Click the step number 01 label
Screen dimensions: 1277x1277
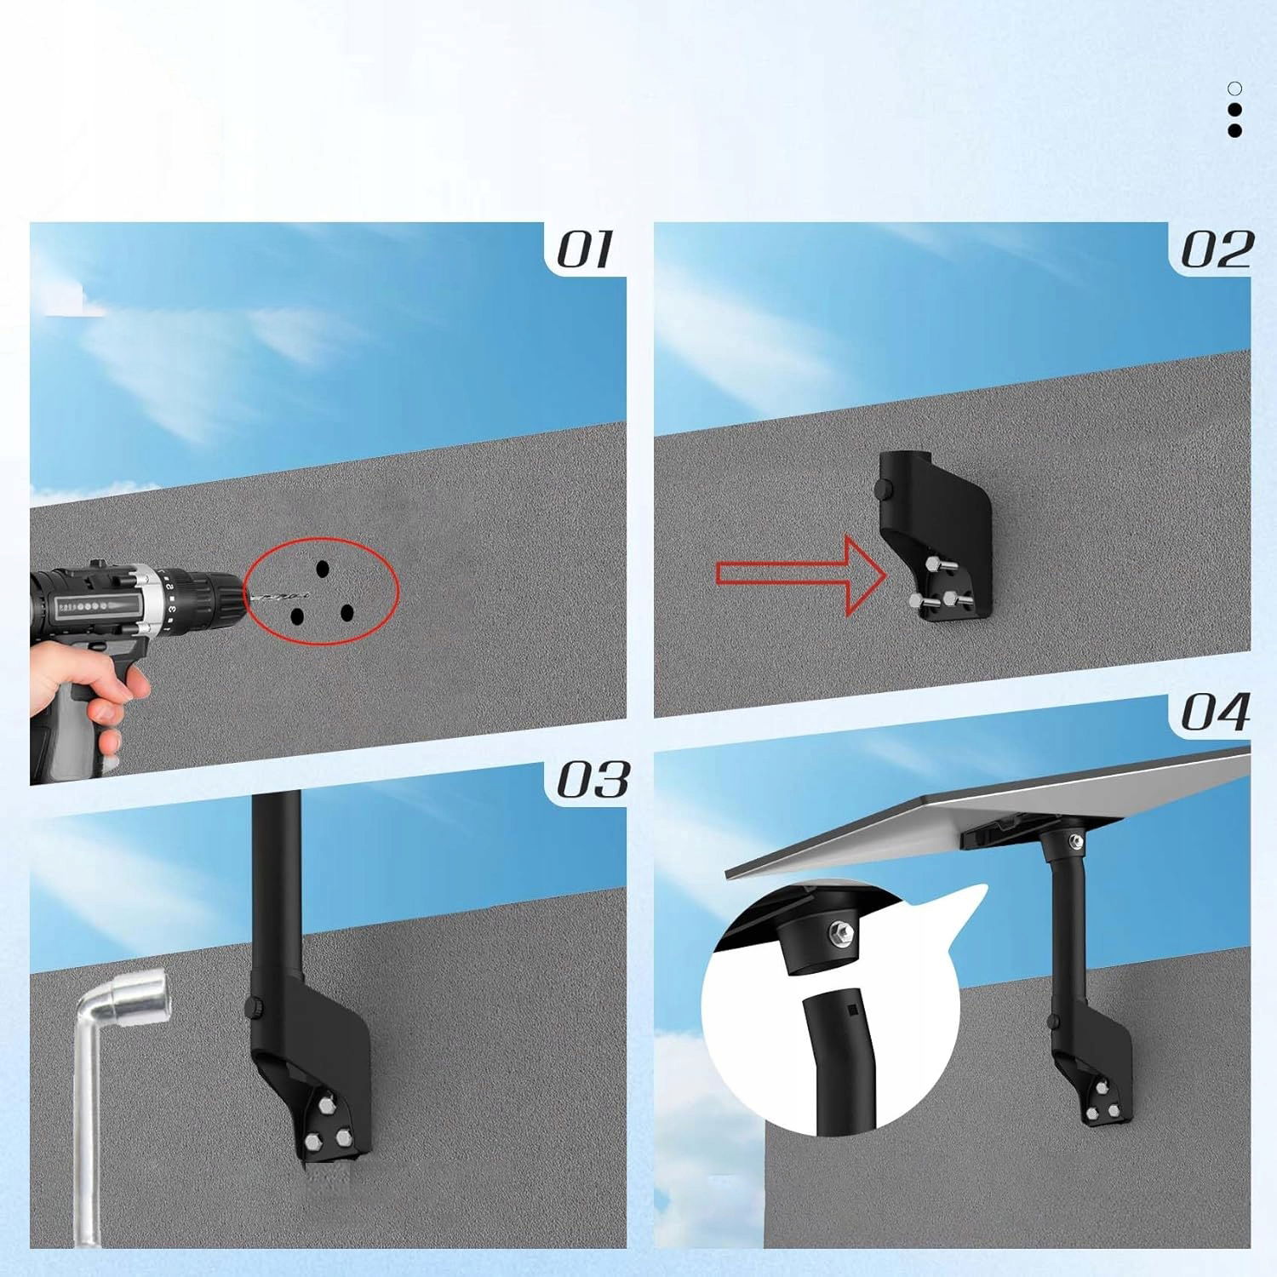click(584, 250)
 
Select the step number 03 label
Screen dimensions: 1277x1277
click(593, 780)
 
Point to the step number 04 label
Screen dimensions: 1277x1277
click(1216, 712)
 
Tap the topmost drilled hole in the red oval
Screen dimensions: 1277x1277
click(323, 569)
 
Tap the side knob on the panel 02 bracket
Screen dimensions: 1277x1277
click(883, 490)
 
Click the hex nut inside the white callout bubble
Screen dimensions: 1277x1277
click(841, 933)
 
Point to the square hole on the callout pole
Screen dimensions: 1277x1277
click(852, 1011)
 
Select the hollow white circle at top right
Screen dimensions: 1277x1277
click(1234, 89)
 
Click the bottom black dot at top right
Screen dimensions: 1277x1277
click(1234, 130)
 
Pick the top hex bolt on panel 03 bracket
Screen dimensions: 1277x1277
click(328, 1104)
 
